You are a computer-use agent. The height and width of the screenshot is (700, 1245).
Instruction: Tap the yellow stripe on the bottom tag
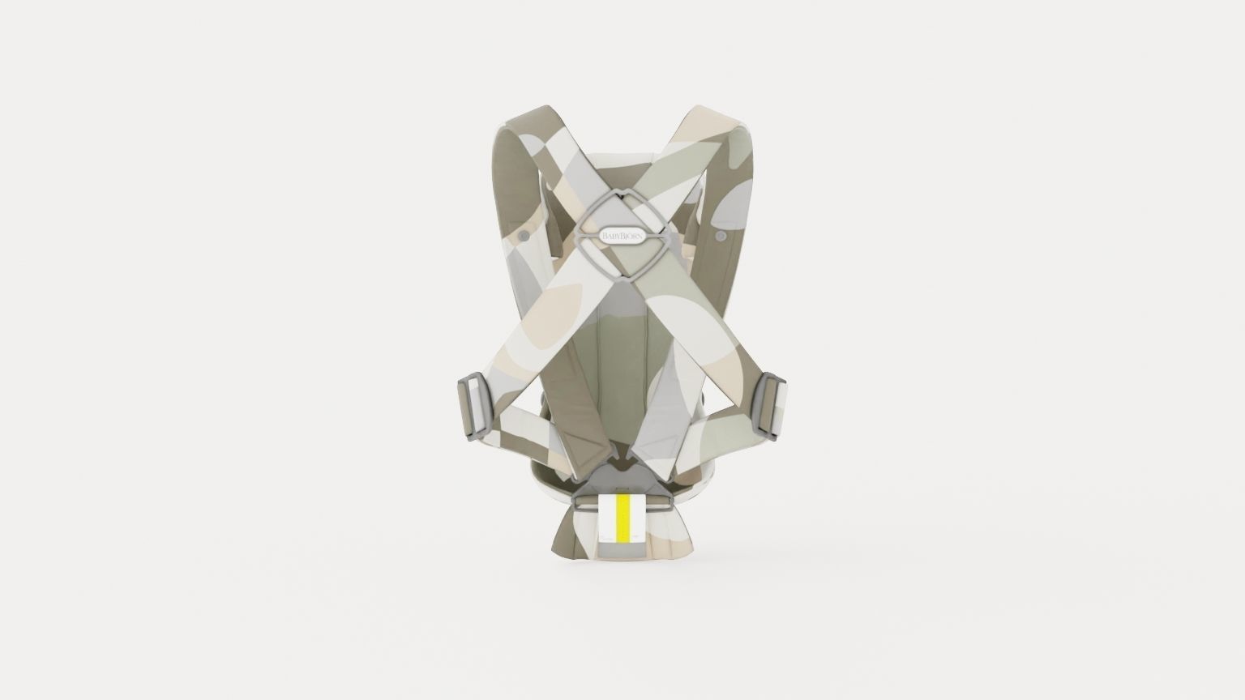622,518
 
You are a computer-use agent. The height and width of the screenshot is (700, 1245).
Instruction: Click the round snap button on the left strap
524,235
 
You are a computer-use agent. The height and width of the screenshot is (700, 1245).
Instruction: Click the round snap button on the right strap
720,235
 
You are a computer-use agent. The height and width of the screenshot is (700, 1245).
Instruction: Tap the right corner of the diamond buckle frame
670,235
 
